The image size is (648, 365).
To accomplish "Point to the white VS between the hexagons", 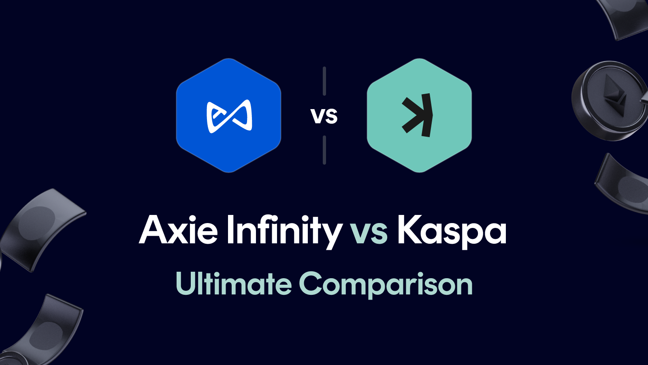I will coord(324,116).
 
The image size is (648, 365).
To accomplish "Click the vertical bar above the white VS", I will coord(324,81).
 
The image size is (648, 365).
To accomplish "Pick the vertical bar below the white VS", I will coord(324,150).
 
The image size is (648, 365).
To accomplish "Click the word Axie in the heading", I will coord(179,230).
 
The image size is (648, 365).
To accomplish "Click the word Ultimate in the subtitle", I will coord(234,283).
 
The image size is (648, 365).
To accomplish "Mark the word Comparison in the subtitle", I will coord(386,284).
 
